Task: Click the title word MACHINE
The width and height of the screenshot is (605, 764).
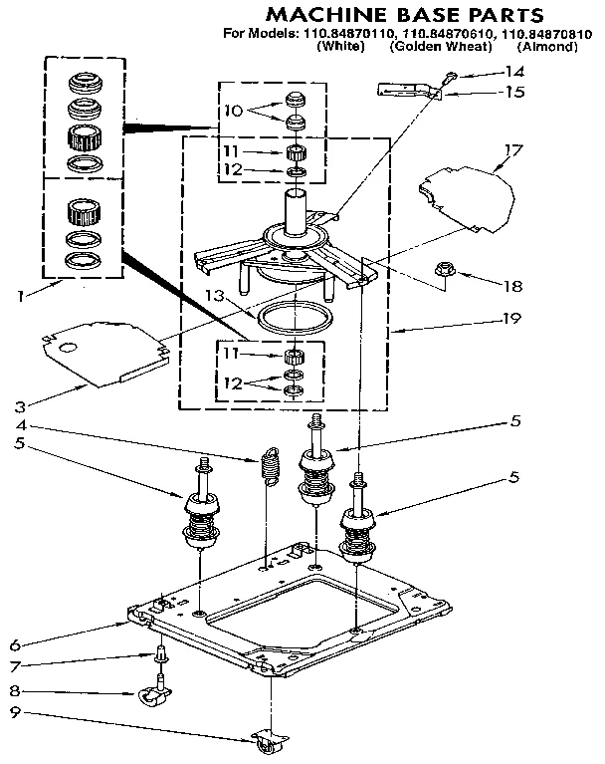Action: click(x=318, y=15)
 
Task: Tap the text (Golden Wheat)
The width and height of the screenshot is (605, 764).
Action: click(x=441, y=47)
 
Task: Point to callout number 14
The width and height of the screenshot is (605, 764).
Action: click(x=513, y=71)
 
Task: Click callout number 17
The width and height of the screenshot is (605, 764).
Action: click(x=512, y=151)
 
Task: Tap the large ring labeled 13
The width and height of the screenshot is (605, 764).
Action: click(x=296, y=320)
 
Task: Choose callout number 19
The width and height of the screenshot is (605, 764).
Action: click(x=513, y=322)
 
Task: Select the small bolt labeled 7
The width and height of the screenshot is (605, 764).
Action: click(x=160, y=655)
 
